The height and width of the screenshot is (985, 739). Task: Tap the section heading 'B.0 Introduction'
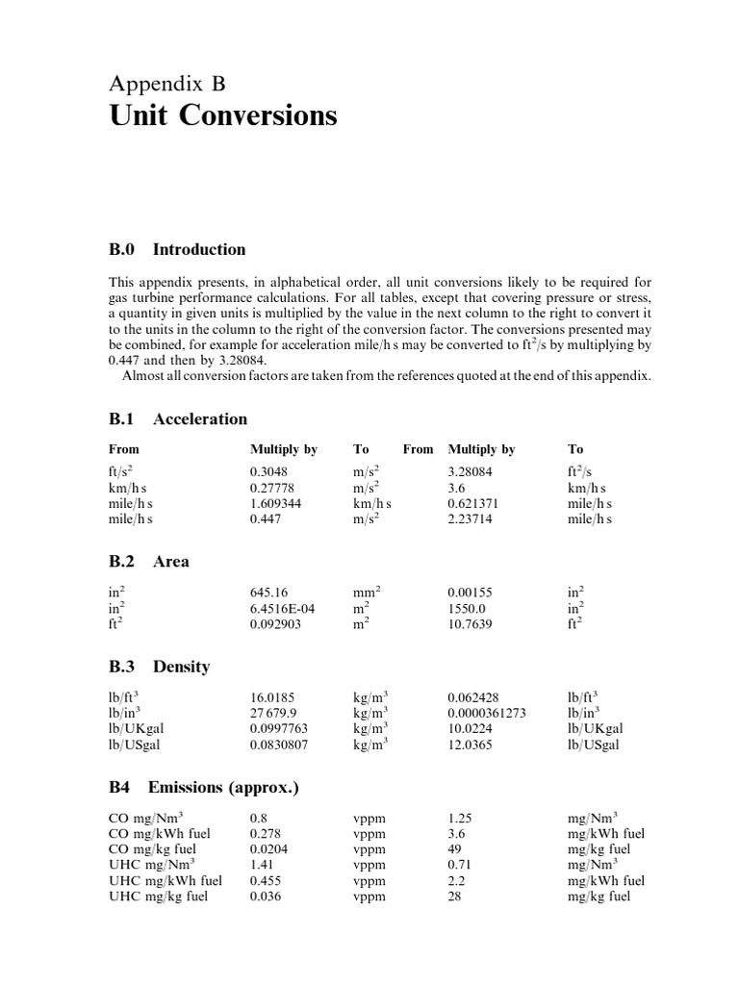177,249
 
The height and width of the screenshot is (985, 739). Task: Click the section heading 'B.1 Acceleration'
178,418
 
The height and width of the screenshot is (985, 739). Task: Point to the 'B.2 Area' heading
149,561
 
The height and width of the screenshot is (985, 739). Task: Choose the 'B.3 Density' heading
159,666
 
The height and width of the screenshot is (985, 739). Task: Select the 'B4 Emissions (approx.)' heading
204,787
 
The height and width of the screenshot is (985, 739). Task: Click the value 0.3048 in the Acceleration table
269,472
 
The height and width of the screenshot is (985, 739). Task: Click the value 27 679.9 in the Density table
276,713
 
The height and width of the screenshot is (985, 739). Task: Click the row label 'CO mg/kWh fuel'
160,833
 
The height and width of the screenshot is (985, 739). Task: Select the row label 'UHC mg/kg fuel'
159,896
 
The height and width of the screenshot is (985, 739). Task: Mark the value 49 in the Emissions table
456,849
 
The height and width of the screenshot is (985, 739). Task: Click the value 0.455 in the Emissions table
266,880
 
